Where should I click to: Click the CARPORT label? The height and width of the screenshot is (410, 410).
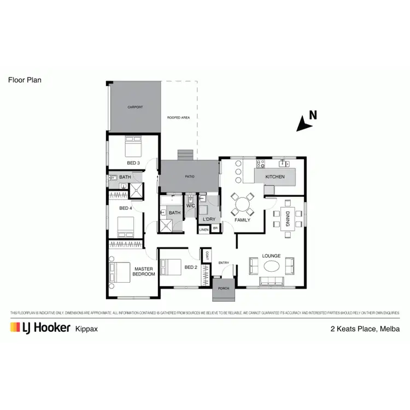click(135, 107)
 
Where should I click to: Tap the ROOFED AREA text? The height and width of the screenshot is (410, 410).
click(178, 118)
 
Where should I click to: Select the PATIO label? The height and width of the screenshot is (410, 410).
click(189, 177)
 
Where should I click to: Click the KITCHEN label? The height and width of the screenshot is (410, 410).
click(275, 177)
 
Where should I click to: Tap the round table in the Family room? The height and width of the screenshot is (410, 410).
click(242, 204)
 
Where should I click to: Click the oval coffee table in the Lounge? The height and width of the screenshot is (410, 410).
click(272, 266)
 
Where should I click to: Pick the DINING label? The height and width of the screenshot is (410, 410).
click(288, 221)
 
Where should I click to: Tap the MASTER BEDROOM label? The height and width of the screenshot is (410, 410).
click(144, 271)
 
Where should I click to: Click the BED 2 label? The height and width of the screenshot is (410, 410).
click(190, 267)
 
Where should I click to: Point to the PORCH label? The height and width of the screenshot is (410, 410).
click(224, 288)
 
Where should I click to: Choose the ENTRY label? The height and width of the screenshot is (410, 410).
click(224, 263)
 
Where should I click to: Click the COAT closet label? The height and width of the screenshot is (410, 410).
click(207, 255)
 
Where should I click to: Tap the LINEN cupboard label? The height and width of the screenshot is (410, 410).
click(204, 230)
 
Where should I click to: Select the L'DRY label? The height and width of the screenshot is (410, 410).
click(208, 219)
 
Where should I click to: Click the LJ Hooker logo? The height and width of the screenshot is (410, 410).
click(40, 328)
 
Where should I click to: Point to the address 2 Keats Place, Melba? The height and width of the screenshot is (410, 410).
click(365, 329)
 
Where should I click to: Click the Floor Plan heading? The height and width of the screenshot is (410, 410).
click(25, 80)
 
